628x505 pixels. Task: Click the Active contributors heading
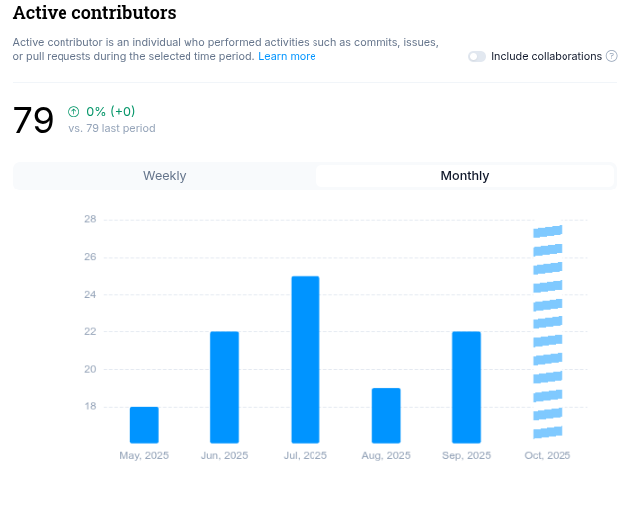[x=94, y=13]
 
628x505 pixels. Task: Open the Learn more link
[x=287, y=57]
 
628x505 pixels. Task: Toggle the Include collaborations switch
[x=477, y=57]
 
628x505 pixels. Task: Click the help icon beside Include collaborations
[x=611, y=57]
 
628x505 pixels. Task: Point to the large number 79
[x=33, y=120]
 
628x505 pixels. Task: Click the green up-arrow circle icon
[x=74, y=112]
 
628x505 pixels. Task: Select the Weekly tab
[x=165, y=176]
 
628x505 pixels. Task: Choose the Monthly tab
[x=464, y=176]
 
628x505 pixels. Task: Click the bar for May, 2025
[x=144, y=425]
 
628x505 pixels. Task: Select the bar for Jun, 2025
[x=224, y=387]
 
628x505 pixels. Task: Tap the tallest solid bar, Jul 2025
[x=306, y=359]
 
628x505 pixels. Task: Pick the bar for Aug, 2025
[x=386, y=416]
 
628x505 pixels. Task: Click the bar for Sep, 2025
[x=466, y=387]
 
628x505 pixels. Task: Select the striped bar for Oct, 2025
[x=548, y=332]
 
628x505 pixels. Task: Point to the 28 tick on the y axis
[x=90, y=219]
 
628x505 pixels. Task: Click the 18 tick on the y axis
[x=90, y=406]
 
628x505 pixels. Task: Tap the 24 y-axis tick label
[x=90, y=295]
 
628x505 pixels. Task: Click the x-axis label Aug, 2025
[x=386, y=456]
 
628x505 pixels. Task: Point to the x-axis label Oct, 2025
[x=548, y=456]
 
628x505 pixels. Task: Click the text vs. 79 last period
[x=111, y=129]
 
